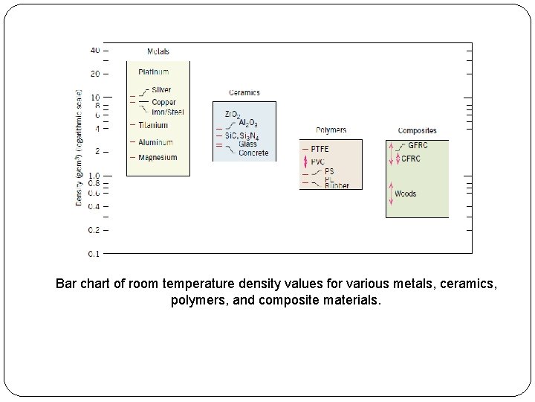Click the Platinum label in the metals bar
click(x=154, y=72)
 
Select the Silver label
click(x=161, y=90)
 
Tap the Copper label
click(x=163, y=102)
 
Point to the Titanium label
click(x=153, y=125)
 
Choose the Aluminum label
click(x=155, y=142)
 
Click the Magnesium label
click(x=158, y=157)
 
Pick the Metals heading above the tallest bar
click(x=158, y=51)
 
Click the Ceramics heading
click(x=244, y=93)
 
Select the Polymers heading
click(x=331, y=130)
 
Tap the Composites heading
click(x=417, y=131)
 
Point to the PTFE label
click(x=320, y=149)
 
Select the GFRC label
click(x=418, y=145)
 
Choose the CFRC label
click(x=411, y=159)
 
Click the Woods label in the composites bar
click(x=405, y=194)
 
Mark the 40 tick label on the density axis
click(x=95, y=51)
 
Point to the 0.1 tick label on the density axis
click(x=94, y=254)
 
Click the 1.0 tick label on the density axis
click(x=94, y=176)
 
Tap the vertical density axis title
click(x=79, y=149)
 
